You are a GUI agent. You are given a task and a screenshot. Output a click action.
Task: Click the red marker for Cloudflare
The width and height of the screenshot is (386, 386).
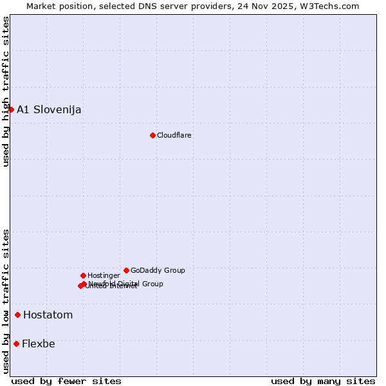click(x=152, y=135)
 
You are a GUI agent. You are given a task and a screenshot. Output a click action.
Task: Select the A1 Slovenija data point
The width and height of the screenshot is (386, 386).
click(x=11, y=109)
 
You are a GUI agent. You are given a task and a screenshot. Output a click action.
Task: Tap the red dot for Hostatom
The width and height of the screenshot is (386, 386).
click(x=17, y=315)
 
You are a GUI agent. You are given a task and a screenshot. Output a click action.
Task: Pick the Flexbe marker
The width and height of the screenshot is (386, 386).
click(x=16, y=344)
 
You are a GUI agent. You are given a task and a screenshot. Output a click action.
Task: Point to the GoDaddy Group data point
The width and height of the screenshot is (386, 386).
click(x=126, y=270)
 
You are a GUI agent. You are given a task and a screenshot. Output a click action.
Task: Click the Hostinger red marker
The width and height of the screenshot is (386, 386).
click(x=83, y=275)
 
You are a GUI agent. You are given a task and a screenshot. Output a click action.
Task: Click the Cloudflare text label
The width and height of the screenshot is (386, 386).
click(x=174, y=135)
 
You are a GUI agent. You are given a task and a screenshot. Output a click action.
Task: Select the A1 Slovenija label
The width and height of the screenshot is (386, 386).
click(x=49, y=109)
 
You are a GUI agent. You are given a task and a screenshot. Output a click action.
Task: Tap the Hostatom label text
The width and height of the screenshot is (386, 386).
click(x=48, y=315)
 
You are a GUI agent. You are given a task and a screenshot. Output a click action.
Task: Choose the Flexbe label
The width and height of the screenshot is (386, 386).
click(x=39, y=344)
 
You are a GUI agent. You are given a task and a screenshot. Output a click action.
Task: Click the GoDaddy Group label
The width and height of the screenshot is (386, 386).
click(x=158, y=270)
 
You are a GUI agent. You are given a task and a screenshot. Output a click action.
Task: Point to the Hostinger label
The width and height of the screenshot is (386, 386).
click(x=104, y=275)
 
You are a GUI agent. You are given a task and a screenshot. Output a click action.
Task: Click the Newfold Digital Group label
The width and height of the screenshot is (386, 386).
click(x=126, y=284)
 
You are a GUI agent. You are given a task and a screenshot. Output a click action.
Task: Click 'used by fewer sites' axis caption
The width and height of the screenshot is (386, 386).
click(x=66, y=381)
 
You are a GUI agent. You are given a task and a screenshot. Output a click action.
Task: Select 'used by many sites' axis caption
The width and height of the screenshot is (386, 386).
click(x=323, y=381)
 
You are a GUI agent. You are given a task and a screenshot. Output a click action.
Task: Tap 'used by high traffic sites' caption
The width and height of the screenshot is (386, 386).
click(x=6, y=91)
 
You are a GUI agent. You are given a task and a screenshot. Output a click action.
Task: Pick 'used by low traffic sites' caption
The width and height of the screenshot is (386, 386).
click(x=6, y=300)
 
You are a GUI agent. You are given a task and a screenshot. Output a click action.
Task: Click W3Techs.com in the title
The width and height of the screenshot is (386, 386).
click(x=328, y=6)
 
